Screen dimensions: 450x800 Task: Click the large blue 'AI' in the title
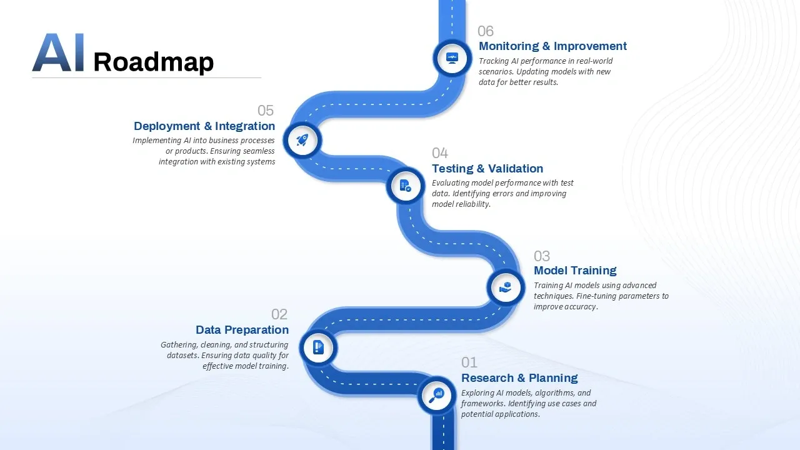coord(58,53)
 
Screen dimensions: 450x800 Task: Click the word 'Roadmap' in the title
coord(153,62)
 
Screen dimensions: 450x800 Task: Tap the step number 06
coord(486,31)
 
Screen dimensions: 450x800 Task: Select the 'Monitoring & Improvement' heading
coord(552,46)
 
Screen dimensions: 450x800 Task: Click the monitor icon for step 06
coord(452,58)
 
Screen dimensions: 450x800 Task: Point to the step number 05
coord(266,111)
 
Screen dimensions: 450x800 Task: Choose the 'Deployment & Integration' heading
coord(204,126)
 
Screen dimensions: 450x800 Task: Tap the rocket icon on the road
coord(302,140)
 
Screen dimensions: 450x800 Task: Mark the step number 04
coord(440,153)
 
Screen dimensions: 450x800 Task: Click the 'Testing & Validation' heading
coord(487,169)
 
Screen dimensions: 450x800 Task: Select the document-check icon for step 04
coord(405,186)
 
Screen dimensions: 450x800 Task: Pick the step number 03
coord(542,256)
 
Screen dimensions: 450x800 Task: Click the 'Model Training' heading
coord(575,271)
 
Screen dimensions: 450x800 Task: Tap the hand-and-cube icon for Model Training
coord(506,287)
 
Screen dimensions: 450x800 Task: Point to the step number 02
coord(279,314)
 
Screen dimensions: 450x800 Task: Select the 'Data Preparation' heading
coord(242,330)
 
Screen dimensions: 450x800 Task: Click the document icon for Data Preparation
coord(319,347)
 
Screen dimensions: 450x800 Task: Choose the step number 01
coord(469,362)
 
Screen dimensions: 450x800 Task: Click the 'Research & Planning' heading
coord(519,378)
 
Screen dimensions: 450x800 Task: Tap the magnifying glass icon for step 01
coord(436,395)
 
